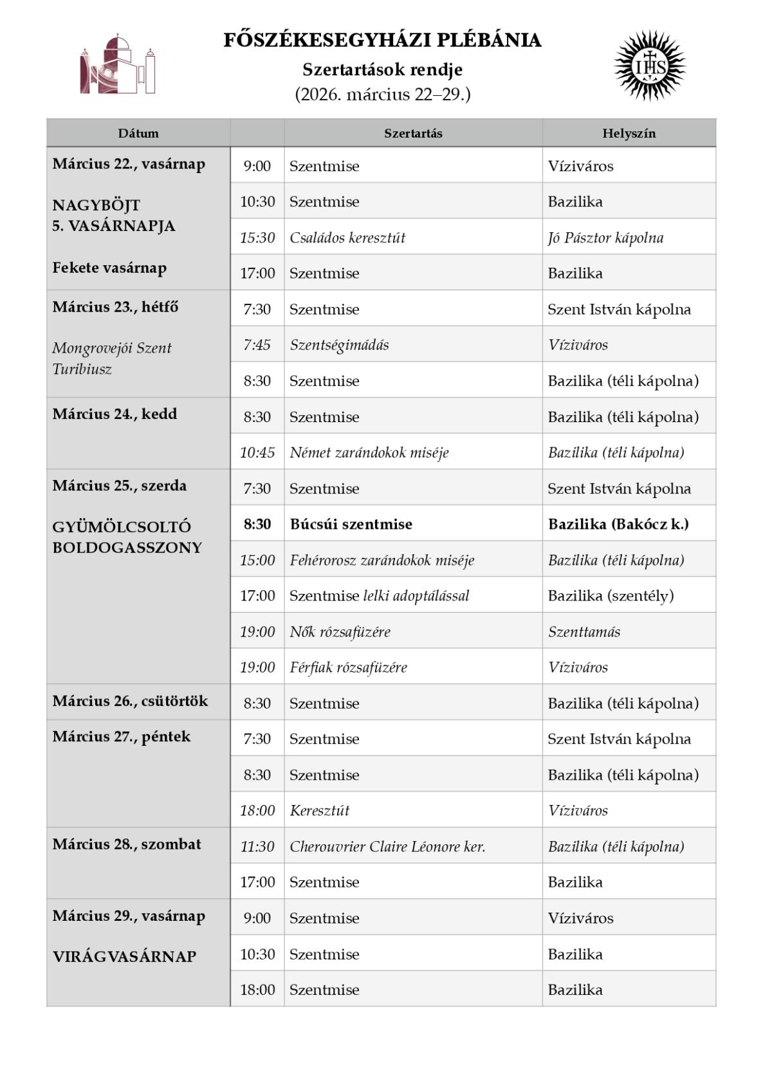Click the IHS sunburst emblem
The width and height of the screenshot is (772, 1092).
point(650,66)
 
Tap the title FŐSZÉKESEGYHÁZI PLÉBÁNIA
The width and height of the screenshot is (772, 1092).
point(382,41)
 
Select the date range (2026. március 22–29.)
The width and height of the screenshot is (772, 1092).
point(382,95)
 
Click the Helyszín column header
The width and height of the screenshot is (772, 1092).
point(629,133)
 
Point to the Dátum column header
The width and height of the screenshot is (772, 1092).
point(138,133)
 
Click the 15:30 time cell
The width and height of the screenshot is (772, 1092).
point(257,237)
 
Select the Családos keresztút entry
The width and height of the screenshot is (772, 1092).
point(347,237)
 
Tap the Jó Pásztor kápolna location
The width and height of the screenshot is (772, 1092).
point(605,237)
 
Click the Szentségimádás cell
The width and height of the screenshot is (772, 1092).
point(339,345)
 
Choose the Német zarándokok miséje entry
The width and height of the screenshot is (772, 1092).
point(369,452)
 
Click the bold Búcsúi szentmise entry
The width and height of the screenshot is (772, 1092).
point(351,524)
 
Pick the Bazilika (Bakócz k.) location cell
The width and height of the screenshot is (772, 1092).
point(618,524)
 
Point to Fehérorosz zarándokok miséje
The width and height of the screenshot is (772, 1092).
point(381,560)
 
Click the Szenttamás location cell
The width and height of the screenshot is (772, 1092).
point(584,632)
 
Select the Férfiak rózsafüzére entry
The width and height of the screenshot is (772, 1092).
point(348,667)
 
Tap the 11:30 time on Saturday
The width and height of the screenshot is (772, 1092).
point(257,846)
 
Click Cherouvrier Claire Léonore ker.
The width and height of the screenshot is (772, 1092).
point(387,846)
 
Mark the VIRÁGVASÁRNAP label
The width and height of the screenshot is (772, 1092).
point(124,956)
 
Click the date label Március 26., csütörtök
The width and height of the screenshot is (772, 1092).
point(130,701)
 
